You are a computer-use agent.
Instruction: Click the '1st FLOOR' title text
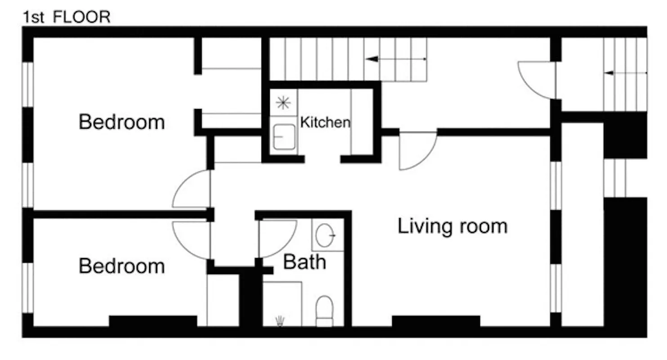pos(67,17)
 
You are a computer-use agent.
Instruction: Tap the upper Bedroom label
pos(121,122)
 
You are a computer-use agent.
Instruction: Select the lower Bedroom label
pos(121,266)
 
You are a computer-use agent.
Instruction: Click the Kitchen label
pos(325,122)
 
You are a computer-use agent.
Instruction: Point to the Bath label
pos(304,262)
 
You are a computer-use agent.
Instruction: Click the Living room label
pos(452,226)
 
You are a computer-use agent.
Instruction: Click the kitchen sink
pos(284,137)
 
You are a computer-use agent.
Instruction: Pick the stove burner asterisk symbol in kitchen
pos(283,103)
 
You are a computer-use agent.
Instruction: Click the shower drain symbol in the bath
pos(280,320)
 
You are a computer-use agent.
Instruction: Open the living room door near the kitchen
pos(417,151)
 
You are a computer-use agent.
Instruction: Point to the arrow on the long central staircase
pos(396,59)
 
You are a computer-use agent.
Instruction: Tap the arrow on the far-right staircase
pos(625,73)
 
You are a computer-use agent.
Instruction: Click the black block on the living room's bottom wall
pos(436,321)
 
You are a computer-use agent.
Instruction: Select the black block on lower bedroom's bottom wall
pos(153,321)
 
